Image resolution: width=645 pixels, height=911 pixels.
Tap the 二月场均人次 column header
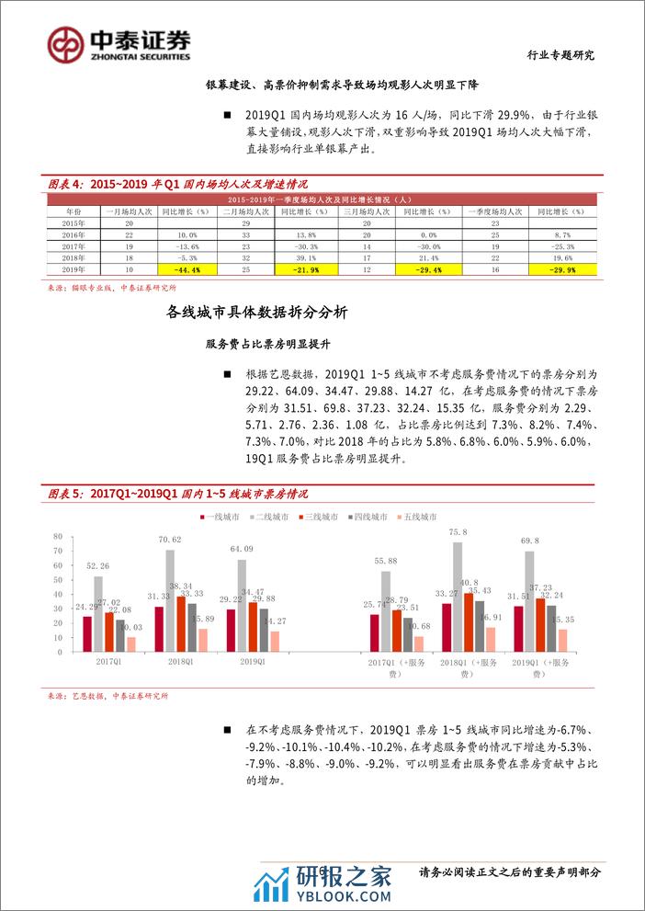point(244,211)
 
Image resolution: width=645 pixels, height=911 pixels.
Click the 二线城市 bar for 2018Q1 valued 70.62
point(169,600)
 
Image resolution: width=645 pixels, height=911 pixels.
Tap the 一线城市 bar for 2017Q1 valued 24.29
point(87,633)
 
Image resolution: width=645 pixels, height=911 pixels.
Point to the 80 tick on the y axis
point(57,537)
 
